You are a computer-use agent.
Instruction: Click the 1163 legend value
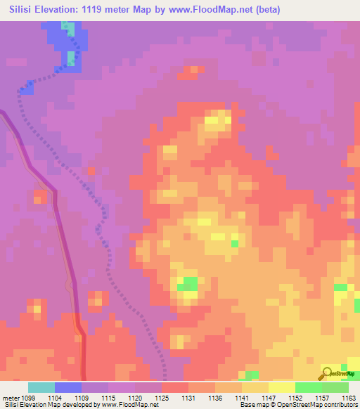pyautogui.click(x=349, y=397)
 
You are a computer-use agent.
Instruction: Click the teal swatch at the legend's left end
pyautogui.click(x=41, y=387)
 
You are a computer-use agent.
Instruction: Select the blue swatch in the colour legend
pyautogui.click(x=67, y=387)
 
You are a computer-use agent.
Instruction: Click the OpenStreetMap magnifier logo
pyautogui.click(x=327, y=373)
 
